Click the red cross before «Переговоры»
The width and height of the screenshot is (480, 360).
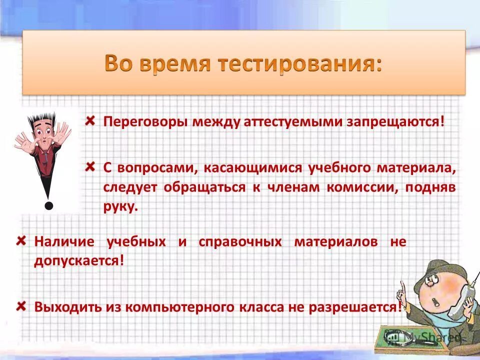(90, 121)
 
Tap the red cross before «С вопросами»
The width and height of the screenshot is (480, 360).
(90, 166)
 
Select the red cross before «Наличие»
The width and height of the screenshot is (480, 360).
(21, 240)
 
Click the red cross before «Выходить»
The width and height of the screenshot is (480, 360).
(21, 305)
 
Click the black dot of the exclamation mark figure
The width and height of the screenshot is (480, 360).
(48, 205)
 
